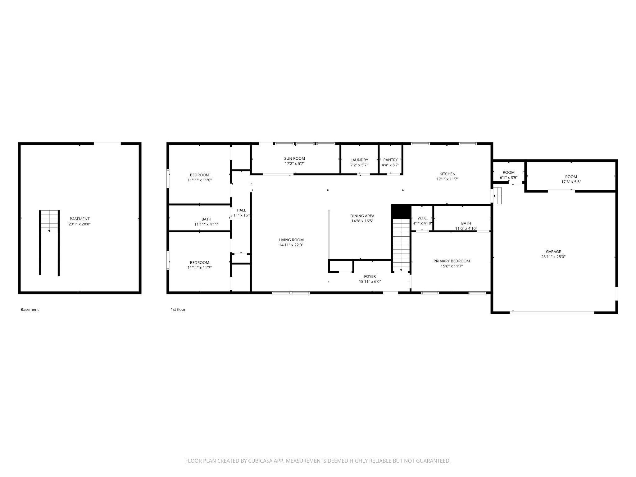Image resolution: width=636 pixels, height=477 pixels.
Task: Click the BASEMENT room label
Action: (79, 219)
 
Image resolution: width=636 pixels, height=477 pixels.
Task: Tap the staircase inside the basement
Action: (49, 221)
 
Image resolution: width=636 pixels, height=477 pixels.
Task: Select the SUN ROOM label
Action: (294, 158)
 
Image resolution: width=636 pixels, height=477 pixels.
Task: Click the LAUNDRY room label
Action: (359, 160)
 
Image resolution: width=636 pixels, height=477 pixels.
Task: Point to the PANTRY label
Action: (390, 160)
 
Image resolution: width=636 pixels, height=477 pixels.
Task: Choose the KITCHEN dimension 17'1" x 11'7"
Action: (447, 179)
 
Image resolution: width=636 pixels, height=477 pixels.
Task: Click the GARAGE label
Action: (553, 252)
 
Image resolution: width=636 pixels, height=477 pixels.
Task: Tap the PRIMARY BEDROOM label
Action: (452, 261)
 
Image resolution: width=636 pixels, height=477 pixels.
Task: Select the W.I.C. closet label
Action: (422, 218)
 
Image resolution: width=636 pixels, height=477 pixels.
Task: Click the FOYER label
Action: (370, 276)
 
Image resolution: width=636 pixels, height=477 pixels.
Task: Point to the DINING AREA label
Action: (362, 216)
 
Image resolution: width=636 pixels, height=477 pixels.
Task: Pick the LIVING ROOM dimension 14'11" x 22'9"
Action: (291, 245)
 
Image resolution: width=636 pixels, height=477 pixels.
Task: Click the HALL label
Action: (241, 210)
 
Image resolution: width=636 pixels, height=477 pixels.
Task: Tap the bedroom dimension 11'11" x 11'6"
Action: (199, 180)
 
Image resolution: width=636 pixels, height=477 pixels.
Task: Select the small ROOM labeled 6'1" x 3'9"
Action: (508, 172)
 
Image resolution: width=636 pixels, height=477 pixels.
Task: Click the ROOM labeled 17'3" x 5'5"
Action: (571, 177)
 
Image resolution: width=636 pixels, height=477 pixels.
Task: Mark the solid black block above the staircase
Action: (401, 211)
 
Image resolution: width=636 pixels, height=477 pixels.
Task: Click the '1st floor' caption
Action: (178, 309)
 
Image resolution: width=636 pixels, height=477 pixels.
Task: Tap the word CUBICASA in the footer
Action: (260, 461)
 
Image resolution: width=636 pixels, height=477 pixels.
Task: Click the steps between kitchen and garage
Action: (497, 196)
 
